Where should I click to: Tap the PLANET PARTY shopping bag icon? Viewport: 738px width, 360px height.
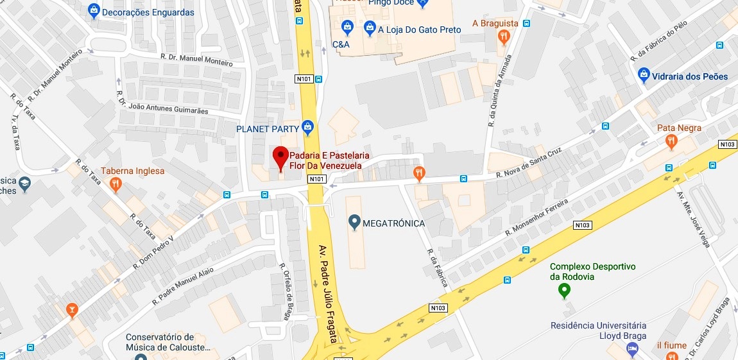(x=308, y=126)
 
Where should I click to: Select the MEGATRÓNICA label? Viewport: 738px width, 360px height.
(x=393, y=223)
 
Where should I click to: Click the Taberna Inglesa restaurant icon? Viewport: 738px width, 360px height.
(x=116, y=185)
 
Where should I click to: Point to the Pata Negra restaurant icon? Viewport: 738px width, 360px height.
(x=671, y=141)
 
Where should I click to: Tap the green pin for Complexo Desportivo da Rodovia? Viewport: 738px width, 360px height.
(x=564, y=291)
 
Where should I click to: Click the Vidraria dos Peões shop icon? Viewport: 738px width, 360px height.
(x=644, y=76)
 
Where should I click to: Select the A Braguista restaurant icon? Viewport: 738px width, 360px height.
(x=504, y=37)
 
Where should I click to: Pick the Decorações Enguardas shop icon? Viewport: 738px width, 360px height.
(x=94, y=11)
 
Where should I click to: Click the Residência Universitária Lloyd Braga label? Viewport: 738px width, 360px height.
(x=598, y=330)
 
